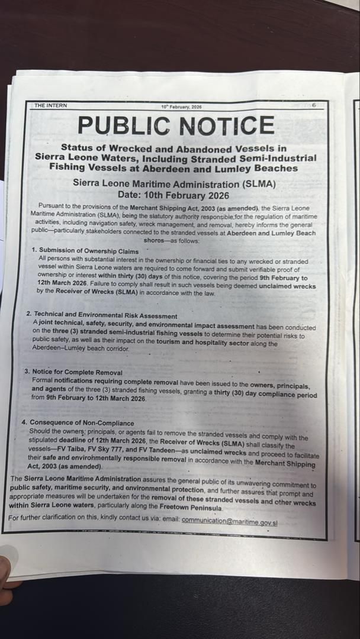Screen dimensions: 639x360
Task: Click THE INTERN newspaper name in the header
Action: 50,106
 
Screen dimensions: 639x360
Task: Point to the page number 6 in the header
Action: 314,105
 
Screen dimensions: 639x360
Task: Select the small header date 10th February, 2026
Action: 181,107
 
